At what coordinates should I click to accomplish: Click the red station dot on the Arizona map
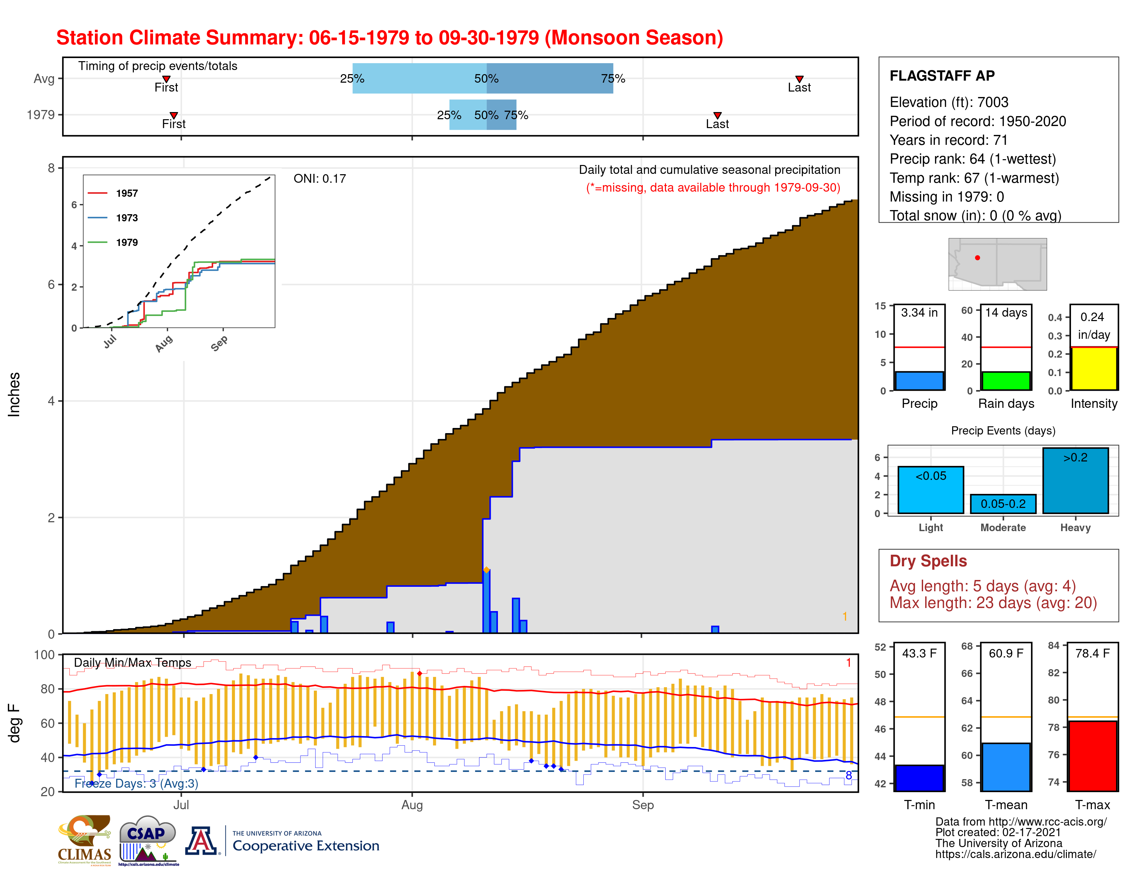tap(977, 258)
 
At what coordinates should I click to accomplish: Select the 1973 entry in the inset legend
tap(126, 218)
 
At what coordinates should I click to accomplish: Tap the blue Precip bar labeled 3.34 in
tap(919, 381)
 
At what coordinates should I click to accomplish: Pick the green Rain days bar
tap(1006, 381)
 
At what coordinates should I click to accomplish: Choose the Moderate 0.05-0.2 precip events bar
tap(1003, 503)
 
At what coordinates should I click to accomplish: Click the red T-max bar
tap(1093, 756)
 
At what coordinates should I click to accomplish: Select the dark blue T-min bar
tap(919, 778)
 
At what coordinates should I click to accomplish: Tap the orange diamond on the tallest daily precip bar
tap(486, 570)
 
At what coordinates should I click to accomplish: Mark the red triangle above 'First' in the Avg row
tap(166, 79)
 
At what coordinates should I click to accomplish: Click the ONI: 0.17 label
tap(319, 179)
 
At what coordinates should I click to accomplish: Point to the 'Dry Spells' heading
tap(928, 561)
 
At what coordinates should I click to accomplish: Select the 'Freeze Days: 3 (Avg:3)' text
tap(136, 783)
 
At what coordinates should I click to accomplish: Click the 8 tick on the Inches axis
tap(51, 168)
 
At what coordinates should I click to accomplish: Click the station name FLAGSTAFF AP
tap(942, 76)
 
